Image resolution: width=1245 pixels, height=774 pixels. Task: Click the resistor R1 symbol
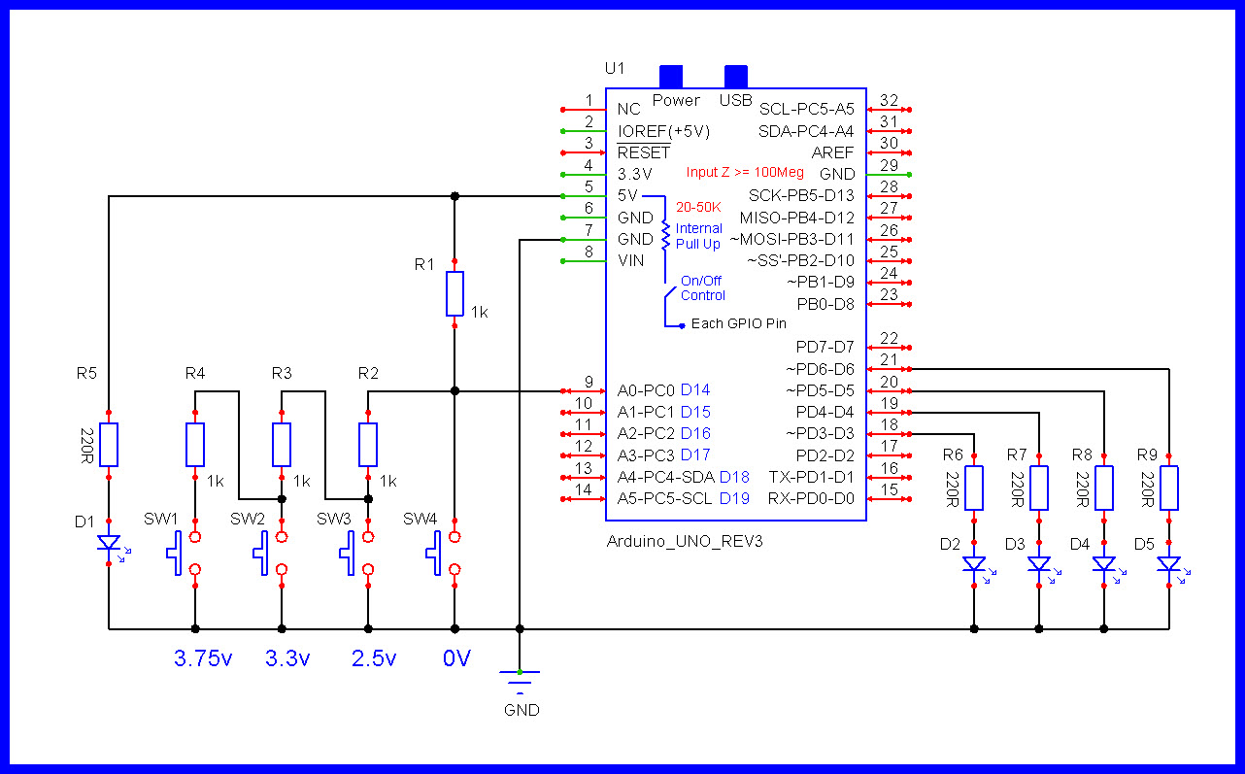[454, 294]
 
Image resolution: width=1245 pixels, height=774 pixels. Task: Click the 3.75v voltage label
[203, 659]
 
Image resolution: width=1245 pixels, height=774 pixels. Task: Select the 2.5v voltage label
[374, 659]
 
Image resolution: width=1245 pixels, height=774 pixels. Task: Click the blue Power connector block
[671, 76]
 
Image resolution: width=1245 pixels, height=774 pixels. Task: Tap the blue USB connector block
[737, 76]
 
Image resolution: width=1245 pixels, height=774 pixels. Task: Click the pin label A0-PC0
[646, 390]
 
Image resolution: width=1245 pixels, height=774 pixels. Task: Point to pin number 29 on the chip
[889, 165]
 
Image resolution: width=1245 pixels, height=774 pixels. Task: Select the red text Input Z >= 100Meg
[745, 173]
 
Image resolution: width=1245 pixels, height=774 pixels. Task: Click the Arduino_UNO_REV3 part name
[685, 542]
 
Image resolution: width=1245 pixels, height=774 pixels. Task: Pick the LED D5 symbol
[1169, 564]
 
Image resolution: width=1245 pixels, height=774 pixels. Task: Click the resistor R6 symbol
[975, 488]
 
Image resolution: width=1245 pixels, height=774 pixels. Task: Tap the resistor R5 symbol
[109, 445]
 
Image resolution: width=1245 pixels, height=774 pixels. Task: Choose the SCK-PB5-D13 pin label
[801, 195]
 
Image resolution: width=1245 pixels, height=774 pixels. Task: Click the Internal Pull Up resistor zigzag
[665, 234]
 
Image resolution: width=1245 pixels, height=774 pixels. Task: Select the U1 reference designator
[615, 68]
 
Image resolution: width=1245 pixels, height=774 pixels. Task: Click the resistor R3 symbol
[282, 445]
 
